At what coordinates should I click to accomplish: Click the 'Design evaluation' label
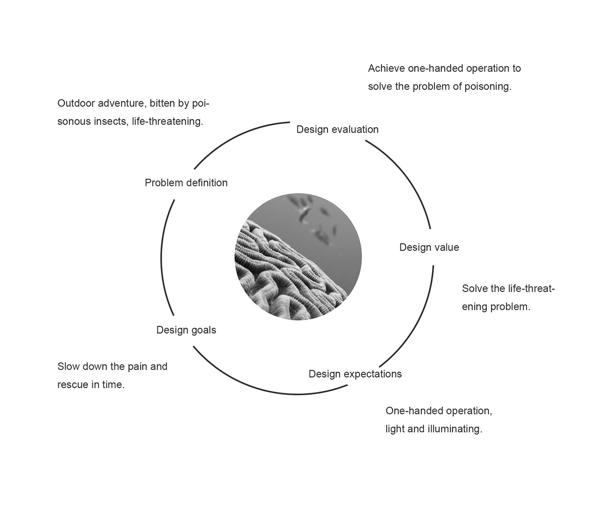(337, 129)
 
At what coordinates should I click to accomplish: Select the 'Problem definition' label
(186, 183)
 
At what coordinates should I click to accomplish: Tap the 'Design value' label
(429, 247)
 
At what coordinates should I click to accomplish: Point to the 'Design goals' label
(186, 330)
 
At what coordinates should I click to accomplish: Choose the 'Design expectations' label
(355, 374)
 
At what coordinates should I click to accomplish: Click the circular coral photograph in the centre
(298, 257)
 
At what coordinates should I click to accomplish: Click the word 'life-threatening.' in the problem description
(167, 121)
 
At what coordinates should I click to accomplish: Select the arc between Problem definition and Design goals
(163, 257)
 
